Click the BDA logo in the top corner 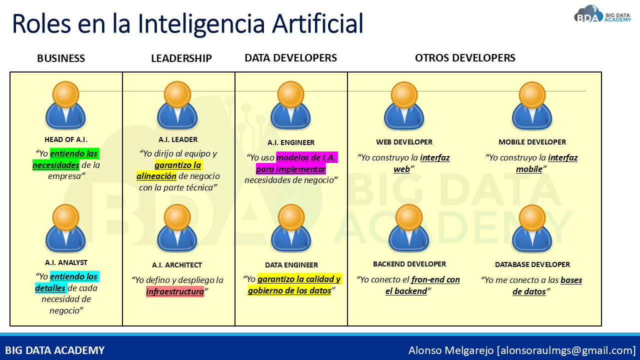[602, 14]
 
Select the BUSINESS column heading [61, 58]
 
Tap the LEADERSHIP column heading [181, 58]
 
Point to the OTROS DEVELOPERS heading [465, 58]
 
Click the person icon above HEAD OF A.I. [65, 105]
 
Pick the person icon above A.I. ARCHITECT [177, 228]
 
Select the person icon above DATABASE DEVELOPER [532, 229]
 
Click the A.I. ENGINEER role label [291, 142]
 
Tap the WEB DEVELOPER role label [404, 142]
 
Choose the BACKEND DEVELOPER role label [409, 264]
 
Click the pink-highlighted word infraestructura [175, 291]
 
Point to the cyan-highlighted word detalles [50, 288]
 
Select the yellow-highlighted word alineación [156, 176]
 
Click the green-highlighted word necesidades [56, 165]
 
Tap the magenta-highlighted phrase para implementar [291, 169]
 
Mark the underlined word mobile [529, 169]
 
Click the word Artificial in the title [317, 23]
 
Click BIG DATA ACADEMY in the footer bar [55, 350]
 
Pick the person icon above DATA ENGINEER [291, 228]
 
